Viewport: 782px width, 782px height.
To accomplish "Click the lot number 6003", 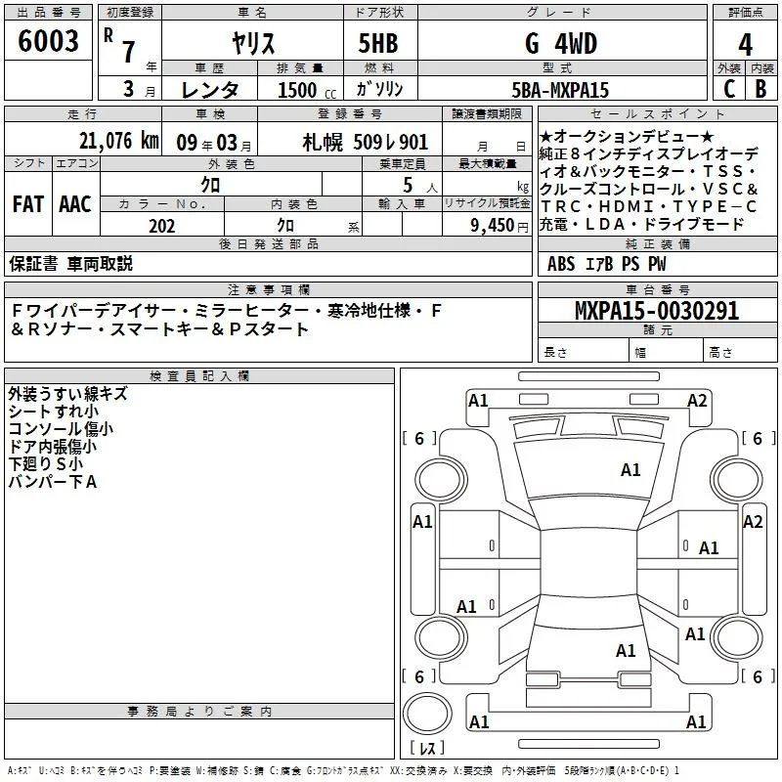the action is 48,41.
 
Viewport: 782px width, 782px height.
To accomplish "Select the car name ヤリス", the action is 253,43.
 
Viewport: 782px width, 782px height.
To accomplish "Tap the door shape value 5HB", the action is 378,43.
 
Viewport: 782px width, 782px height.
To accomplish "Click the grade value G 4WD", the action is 561,43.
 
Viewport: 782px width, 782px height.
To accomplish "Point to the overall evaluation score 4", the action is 745,45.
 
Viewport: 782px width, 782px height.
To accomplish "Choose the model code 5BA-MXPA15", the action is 560,90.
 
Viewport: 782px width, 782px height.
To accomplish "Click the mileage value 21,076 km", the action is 118,141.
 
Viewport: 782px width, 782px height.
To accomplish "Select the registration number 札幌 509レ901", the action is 365,143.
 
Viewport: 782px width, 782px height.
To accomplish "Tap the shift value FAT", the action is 28,204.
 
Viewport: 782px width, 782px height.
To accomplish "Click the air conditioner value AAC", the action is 75,204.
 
